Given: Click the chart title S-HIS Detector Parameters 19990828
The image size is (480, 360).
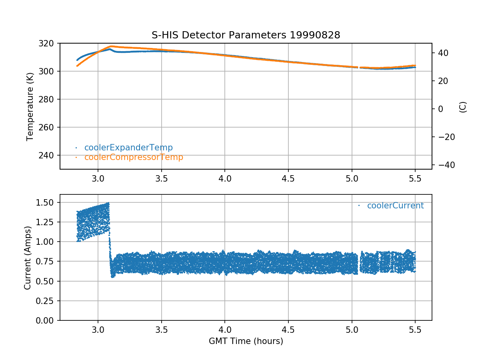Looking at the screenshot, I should [246, 35].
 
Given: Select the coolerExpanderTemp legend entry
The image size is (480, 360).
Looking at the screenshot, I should [128, 148].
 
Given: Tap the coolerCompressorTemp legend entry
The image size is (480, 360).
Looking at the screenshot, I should [134, 157].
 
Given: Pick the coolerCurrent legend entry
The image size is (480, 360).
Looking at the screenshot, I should [395, 206].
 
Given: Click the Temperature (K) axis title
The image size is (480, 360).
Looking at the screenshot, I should [30, 106].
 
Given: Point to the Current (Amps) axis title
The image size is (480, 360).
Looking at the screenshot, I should [27, 257].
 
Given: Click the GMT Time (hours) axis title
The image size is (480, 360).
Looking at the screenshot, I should [246, 341].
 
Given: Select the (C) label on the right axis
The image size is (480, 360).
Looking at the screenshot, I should [463, 107].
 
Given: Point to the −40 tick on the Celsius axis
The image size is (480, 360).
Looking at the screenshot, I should [444, 165].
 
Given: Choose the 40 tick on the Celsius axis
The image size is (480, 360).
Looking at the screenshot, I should [442, 53].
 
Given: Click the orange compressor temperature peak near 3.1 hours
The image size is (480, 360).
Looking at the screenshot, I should [111, 46].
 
